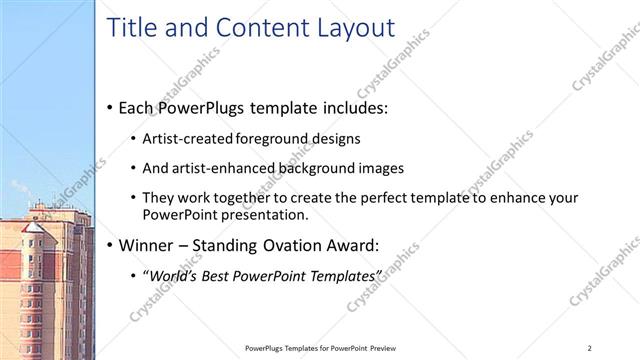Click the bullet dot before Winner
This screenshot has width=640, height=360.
coord(109,245)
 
